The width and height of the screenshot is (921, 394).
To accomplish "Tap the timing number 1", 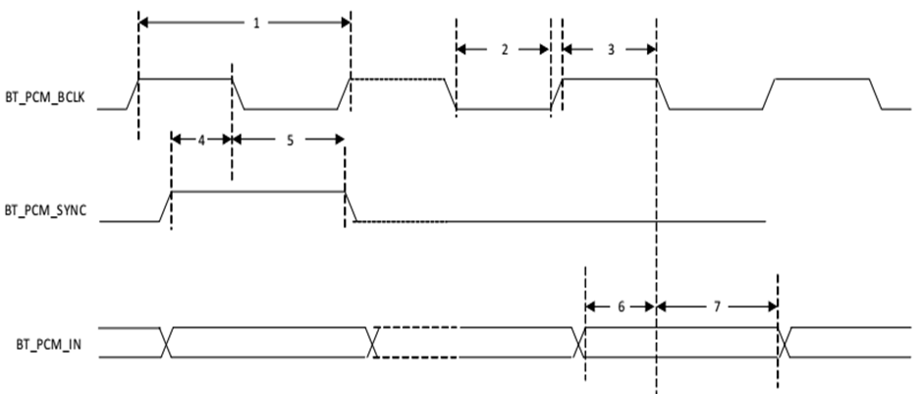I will point(256,22).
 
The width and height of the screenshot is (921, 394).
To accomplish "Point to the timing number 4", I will point(201,140).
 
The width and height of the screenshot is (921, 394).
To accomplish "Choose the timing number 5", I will point(290,140).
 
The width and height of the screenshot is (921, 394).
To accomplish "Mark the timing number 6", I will point(620,307).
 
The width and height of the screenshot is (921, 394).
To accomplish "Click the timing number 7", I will point(717,307).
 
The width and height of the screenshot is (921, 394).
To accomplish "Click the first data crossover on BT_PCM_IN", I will point(166,341).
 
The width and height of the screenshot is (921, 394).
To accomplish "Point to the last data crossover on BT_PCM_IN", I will point(783,341).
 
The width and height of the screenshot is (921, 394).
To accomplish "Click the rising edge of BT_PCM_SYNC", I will point(166,207).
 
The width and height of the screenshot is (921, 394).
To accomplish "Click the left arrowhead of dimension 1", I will point(144,22).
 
